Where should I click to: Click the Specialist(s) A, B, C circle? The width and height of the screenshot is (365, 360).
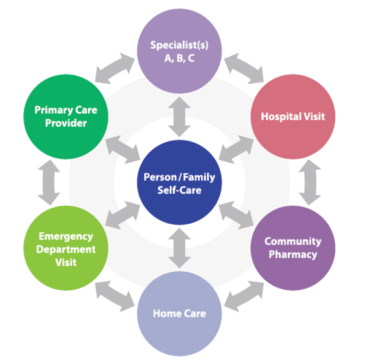[179, 51]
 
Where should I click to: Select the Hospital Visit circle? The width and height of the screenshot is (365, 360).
[293, 117]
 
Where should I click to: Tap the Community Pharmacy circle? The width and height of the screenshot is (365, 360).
[293, 248]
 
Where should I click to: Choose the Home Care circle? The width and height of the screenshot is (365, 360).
[179, 313]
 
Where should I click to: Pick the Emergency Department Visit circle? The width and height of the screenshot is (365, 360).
[66, 248]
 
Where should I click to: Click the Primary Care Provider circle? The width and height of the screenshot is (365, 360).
[66, 117]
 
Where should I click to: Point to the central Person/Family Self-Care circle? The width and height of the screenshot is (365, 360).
[179, 182]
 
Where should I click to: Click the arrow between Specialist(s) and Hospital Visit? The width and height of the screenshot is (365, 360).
[244, 68]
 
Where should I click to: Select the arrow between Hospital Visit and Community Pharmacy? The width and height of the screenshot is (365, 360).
[310, 182]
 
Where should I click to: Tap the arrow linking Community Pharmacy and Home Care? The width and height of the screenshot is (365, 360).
[244, 296]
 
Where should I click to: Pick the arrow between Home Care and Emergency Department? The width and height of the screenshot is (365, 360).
[115, 296]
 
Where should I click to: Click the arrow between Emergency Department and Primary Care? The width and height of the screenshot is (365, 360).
[49, 182]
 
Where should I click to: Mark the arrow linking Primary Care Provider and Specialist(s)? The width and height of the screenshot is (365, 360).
[115, 68]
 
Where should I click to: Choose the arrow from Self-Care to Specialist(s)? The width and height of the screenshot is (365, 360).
[179, 117]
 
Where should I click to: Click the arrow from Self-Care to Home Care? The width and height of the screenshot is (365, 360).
[179, 248]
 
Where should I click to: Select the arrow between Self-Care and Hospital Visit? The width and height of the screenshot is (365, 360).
[236, 149]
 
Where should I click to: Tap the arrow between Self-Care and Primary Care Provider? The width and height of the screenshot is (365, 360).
[123, 149]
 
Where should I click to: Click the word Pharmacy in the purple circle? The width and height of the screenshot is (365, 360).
[293, 254]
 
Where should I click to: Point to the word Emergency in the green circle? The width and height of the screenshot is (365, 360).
[66, 237]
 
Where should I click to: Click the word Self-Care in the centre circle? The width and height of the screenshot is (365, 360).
[179, 190]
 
